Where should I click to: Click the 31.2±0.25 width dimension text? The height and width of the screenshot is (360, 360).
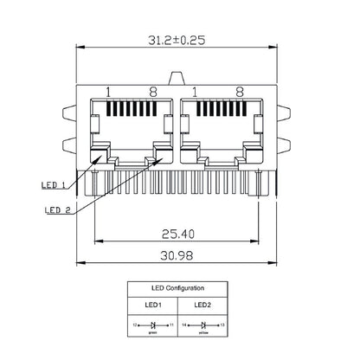179,41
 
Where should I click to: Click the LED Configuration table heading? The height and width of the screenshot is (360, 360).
179,286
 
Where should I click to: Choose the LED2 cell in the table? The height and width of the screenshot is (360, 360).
203,305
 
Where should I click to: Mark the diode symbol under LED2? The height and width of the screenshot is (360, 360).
203,324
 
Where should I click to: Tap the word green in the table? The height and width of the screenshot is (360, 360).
154,330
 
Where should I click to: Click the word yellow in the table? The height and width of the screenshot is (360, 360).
203,330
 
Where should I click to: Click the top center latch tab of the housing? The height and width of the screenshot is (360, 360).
179,80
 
